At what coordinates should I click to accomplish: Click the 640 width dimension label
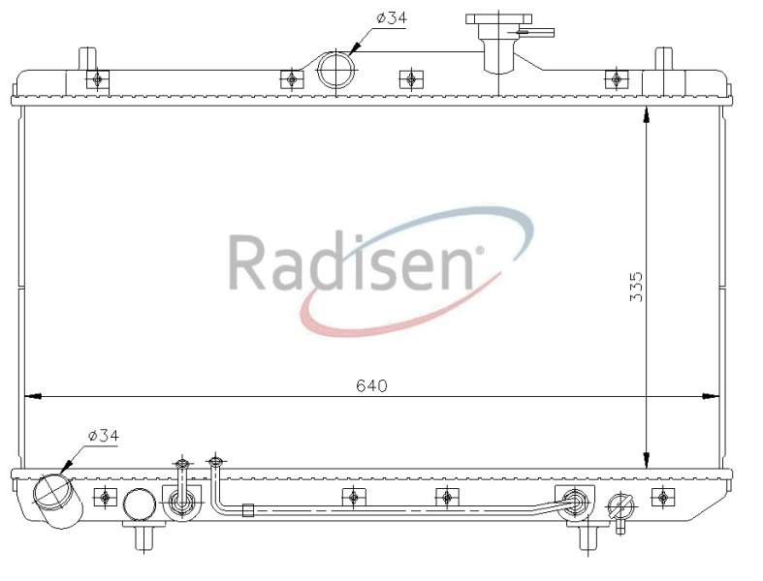[371, 385]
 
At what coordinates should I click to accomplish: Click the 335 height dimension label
[636, 287]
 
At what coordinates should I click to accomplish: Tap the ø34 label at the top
[392, 18]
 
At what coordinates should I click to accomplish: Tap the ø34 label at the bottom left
[103, 436]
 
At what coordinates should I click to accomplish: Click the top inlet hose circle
[335, 70]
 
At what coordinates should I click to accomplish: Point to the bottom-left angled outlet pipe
[58, 501]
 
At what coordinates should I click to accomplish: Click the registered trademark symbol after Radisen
[479, 251]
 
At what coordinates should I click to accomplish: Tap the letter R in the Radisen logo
[247, 262]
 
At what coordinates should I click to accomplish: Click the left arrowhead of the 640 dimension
[33, 397]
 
